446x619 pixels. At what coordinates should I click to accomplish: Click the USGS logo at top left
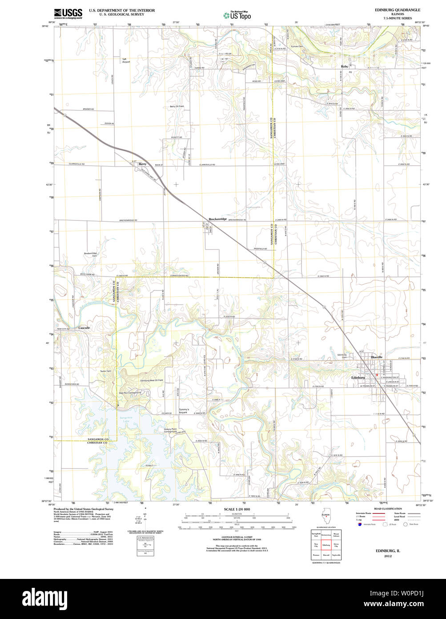[68, 13]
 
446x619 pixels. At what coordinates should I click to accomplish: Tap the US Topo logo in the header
[237, 15]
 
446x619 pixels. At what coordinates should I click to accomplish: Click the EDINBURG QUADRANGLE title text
[398, 10]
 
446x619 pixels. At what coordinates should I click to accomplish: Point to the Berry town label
[142, 164]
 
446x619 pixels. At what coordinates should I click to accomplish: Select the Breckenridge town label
[218, 219]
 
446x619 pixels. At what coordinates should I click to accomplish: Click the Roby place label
[344, 66]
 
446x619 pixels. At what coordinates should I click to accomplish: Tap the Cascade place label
[84, 328]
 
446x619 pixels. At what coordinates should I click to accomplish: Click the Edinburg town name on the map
[358, 378]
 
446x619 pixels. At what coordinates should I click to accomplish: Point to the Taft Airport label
[126, 61]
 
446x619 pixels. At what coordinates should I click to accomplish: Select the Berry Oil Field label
[177, 106]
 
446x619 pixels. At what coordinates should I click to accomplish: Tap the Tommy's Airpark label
[184, 411]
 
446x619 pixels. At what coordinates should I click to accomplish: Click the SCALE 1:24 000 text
[237, 509]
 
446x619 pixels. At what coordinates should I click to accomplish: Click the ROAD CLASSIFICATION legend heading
[388, 509]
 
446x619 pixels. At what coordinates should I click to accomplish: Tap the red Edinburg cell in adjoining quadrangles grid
[326, 545]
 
